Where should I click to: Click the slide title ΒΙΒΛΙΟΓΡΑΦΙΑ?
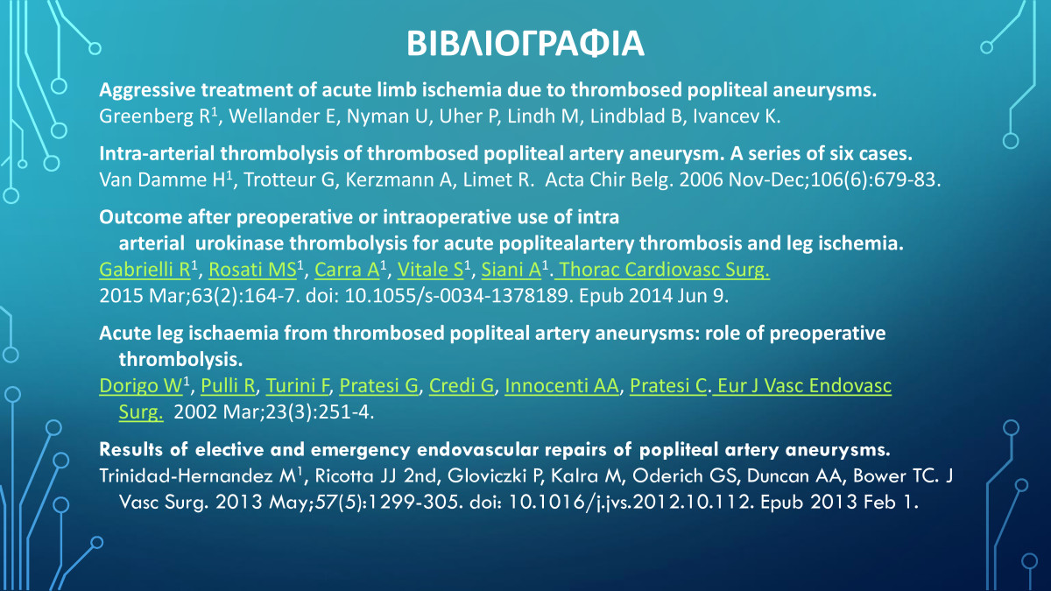pyautogui.click(x=525, y=44)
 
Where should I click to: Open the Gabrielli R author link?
pyautogui.click(x=145, y=271)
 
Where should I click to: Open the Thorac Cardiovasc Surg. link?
pyautogui.click(x=663, y=271)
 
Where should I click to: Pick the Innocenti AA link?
pyautogui.click(x=561, y=385)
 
